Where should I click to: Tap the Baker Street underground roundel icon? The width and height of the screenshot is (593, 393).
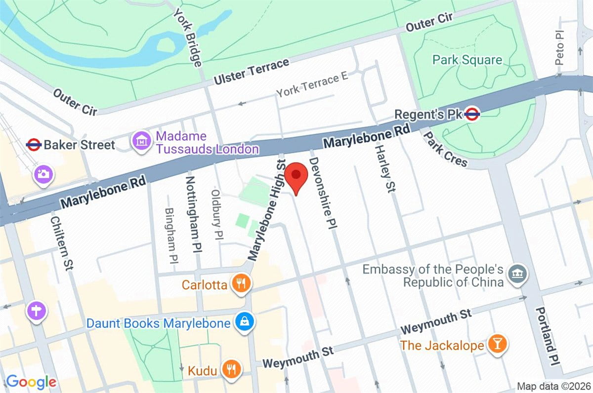(x=33, y=145)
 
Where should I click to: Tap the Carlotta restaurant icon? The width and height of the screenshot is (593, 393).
(x=241, y=283)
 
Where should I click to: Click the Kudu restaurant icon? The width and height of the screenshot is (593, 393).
(x=230, y=368)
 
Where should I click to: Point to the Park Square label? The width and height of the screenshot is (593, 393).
(x=467, y=60)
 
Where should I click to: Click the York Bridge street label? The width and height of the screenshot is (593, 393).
(x=187, y=37)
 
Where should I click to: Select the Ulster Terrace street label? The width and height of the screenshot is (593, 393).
(x=252, y=72)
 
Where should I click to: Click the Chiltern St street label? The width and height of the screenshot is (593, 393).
(x=61, y=241)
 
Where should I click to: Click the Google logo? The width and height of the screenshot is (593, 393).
(x=31, y=382)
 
